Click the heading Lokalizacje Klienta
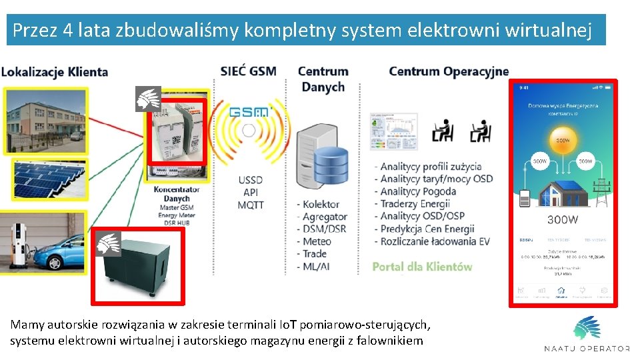55,71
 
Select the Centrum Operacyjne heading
449,71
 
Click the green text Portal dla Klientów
422,267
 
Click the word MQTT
251,205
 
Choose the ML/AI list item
317,267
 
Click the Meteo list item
316,241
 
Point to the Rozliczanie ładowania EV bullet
434,241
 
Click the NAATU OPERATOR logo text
587,349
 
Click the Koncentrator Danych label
177,194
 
